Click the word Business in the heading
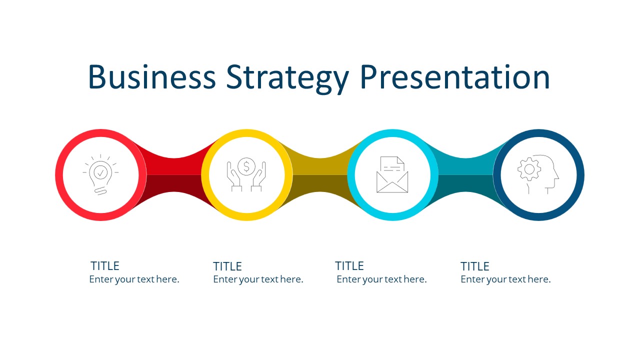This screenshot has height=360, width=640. pyautogui.click(x=152, y=77)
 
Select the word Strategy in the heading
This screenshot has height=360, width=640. pyautogui.click(x=287, y=79)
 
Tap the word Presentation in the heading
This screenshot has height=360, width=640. pyautogui.click(x=455, y=77)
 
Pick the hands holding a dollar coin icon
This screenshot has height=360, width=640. pyautogui.click(x=246, y=174)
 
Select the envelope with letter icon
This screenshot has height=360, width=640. pyautogui.click(x=392, y=174)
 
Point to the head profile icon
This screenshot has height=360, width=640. pyautogui.click(x=538, y=174)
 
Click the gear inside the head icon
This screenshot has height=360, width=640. pyautogui.click(x=529, y=169)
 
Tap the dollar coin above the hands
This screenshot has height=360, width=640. pyautogui.click(x=246, y=166)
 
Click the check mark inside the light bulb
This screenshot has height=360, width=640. pyautogui.click(x=100, y=172)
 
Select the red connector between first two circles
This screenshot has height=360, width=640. pyautogui.click(x=173, y=175)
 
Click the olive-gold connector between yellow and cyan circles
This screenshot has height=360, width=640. pyautogui.click(x=319, y=175)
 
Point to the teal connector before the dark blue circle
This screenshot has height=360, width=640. pyautogui.click(x=465, y=175)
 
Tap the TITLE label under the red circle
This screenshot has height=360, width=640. pyautogui.click(x=105, y=266)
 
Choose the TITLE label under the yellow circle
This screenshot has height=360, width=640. pyautogui.click(x=227, y=266)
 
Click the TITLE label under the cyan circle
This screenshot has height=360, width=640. pyautogui.click(x=349, y=266)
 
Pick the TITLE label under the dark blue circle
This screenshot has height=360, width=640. pyautogui.click(x=475, y=266)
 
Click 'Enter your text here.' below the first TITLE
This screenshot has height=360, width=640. pyautogui.click(x=134, y=279)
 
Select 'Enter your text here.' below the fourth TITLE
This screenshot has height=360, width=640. pyautogui.click(x=505, y=279)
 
